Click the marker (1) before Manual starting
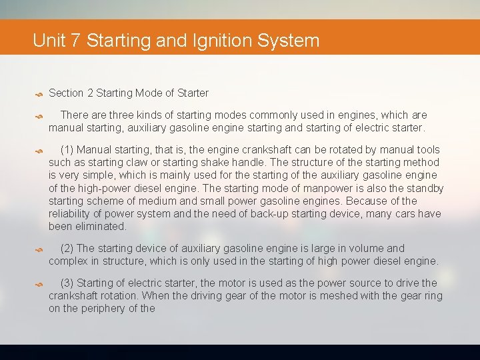click(x=67, y=150)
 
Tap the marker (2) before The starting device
click(x=67, y=249)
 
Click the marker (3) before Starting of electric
click(x=67, y=283)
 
